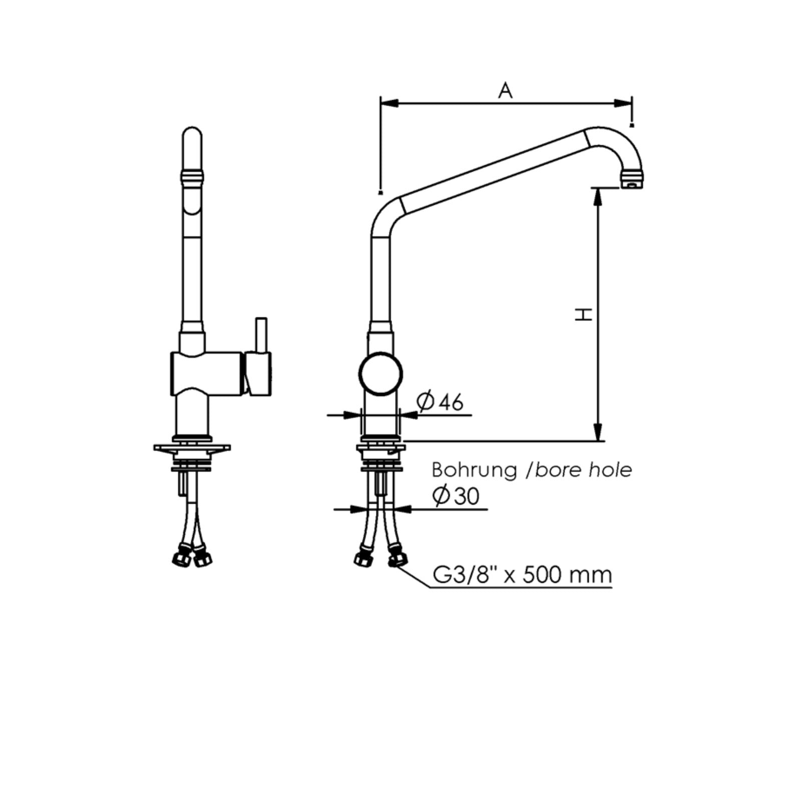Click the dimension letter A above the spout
pos(506,91)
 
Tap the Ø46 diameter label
pos(441,402)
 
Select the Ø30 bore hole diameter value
pos(456,496)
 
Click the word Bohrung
pos(474,471)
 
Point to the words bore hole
pos(583,470)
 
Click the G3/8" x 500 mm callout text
pos(522,575)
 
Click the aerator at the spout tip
pos(631,179)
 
